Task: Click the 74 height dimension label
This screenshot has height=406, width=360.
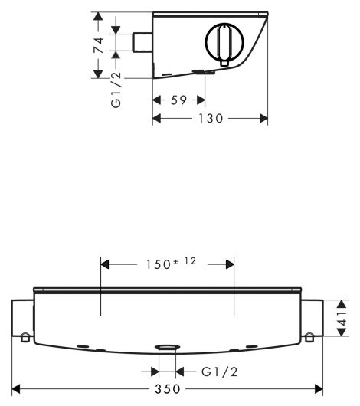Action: [99, 45]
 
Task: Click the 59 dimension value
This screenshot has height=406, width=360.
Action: [178, 100]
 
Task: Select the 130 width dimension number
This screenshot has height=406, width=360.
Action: [211, 119]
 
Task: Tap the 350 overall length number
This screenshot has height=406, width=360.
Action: [168, 389]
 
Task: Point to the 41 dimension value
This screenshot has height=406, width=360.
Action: [342, 318]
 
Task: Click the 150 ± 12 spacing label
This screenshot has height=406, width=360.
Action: [172, 264]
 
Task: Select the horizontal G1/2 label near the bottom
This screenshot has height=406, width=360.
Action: [219, 372]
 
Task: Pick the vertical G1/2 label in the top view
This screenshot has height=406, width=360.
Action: [116, 90]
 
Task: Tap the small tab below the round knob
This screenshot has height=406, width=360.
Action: [224, 64]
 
